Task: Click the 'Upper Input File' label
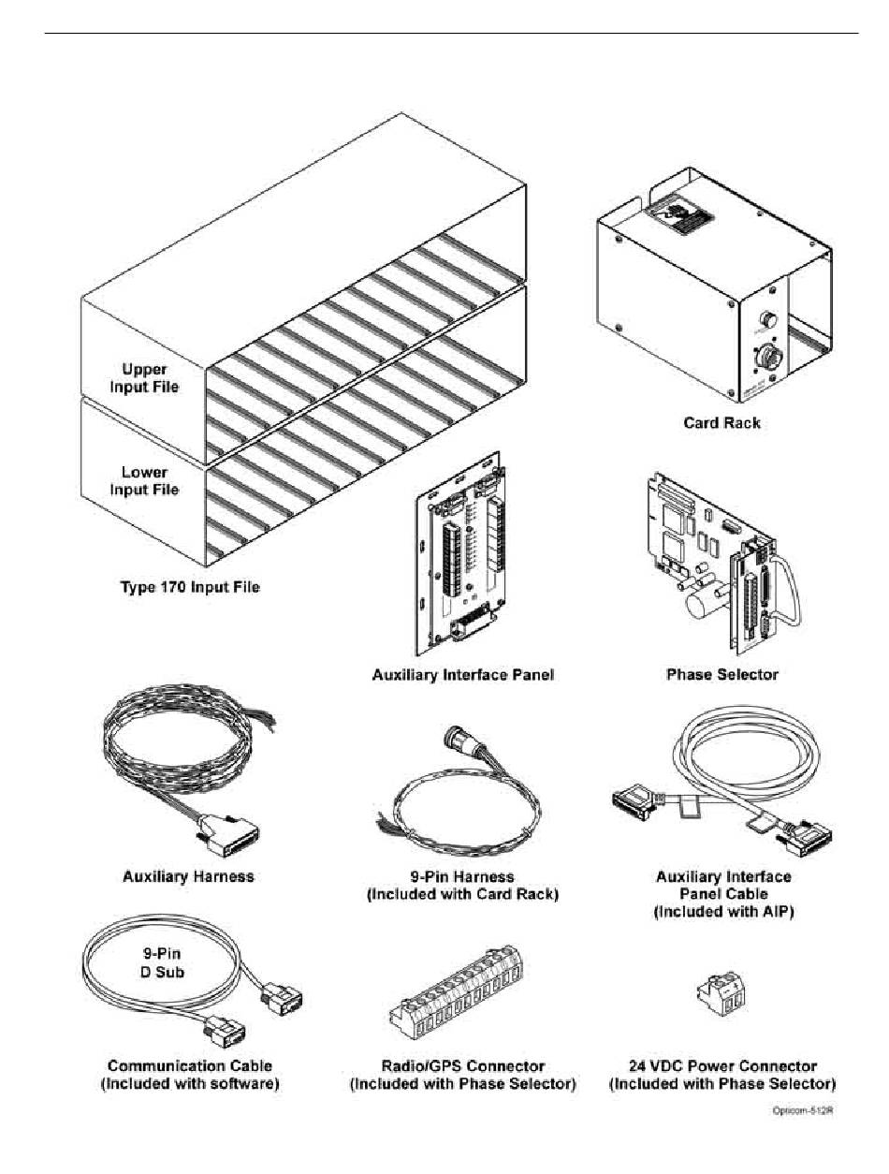click(144, 377)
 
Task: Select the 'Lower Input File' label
click(144, 480)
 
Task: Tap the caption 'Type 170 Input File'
click(190, 588)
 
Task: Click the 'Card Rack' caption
click(721, 423)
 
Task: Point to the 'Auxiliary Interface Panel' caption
click(463, 674)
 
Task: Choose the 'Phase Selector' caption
click(721, 674)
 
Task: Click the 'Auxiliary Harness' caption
click(188, 877)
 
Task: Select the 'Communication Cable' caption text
click(190, 1065)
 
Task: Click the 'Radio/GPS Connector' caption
click(463, 1065)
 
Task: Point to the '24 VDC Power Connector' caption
click(721, 1065)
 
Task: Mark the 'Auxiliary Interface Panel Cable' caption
click(723, 893)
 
